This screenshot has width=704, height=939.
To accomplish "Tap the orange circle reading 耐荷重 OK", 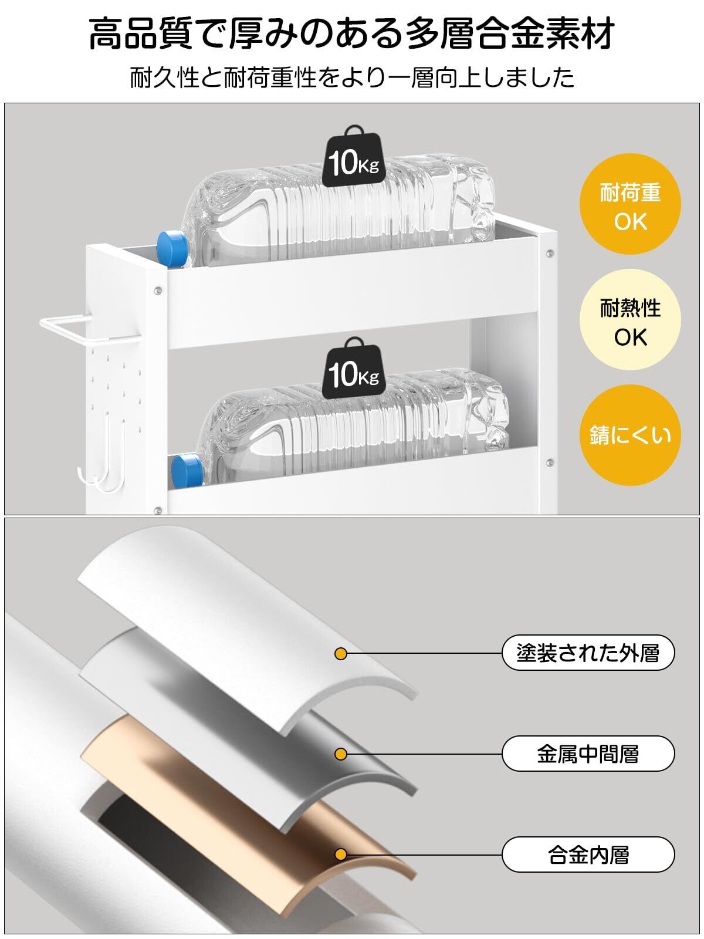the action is point(630,207).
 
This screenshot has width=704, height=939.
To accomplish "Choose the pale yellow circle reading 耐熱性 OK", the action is point(630,322).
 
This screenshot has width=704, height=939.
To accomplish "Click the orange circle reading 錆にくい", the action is point(630,435).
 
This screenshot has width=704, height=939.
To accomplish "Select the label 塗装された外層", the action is point(588,653).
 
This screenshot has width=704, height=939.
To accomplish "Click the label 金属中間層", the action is point(588,754).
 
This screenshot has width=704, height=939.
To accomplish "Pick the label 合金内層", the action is point(588,854).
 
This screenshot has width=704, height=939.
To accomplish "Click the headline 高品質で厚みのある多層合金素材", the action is point(352,34).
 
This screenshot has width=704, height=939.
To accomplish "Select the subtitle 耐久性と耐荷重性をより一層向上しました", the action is point(352,77).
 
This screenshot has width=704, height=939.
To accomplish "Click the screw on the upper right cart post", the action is point(549,254).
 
